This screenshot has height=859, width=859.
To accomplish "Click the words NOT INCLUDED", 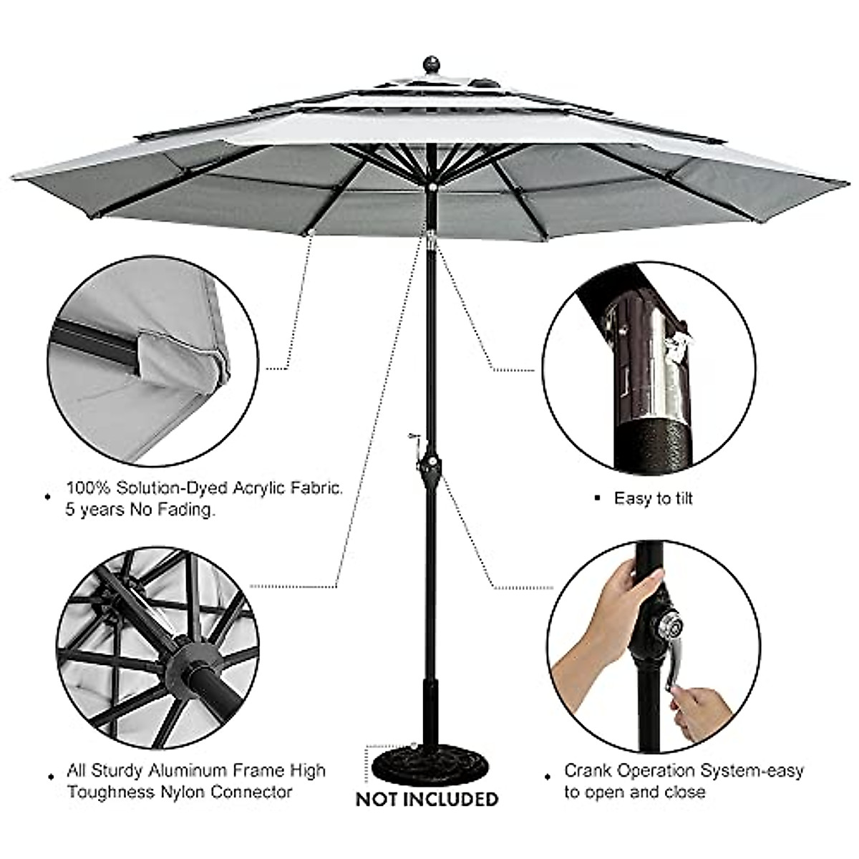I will [x=427, y=799].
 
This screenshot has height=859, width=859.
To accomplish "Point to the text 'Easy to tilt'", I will [x=653, y=499].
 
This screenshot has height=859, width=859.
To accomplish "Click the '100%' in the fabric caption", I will [x=87, y=489].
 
